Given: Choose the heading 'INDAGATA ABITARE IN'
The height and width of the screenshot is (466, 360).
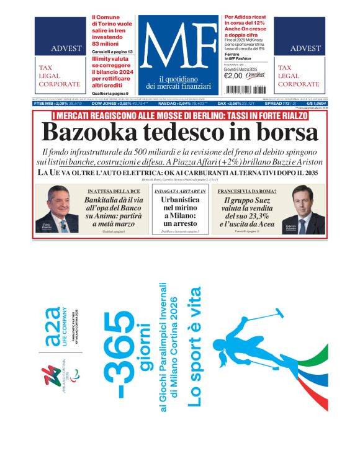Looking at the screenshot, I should (180, 191).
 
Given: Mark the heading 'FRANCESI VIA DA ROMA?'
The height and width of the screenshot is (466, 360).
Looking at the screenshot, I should (247, 191).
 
